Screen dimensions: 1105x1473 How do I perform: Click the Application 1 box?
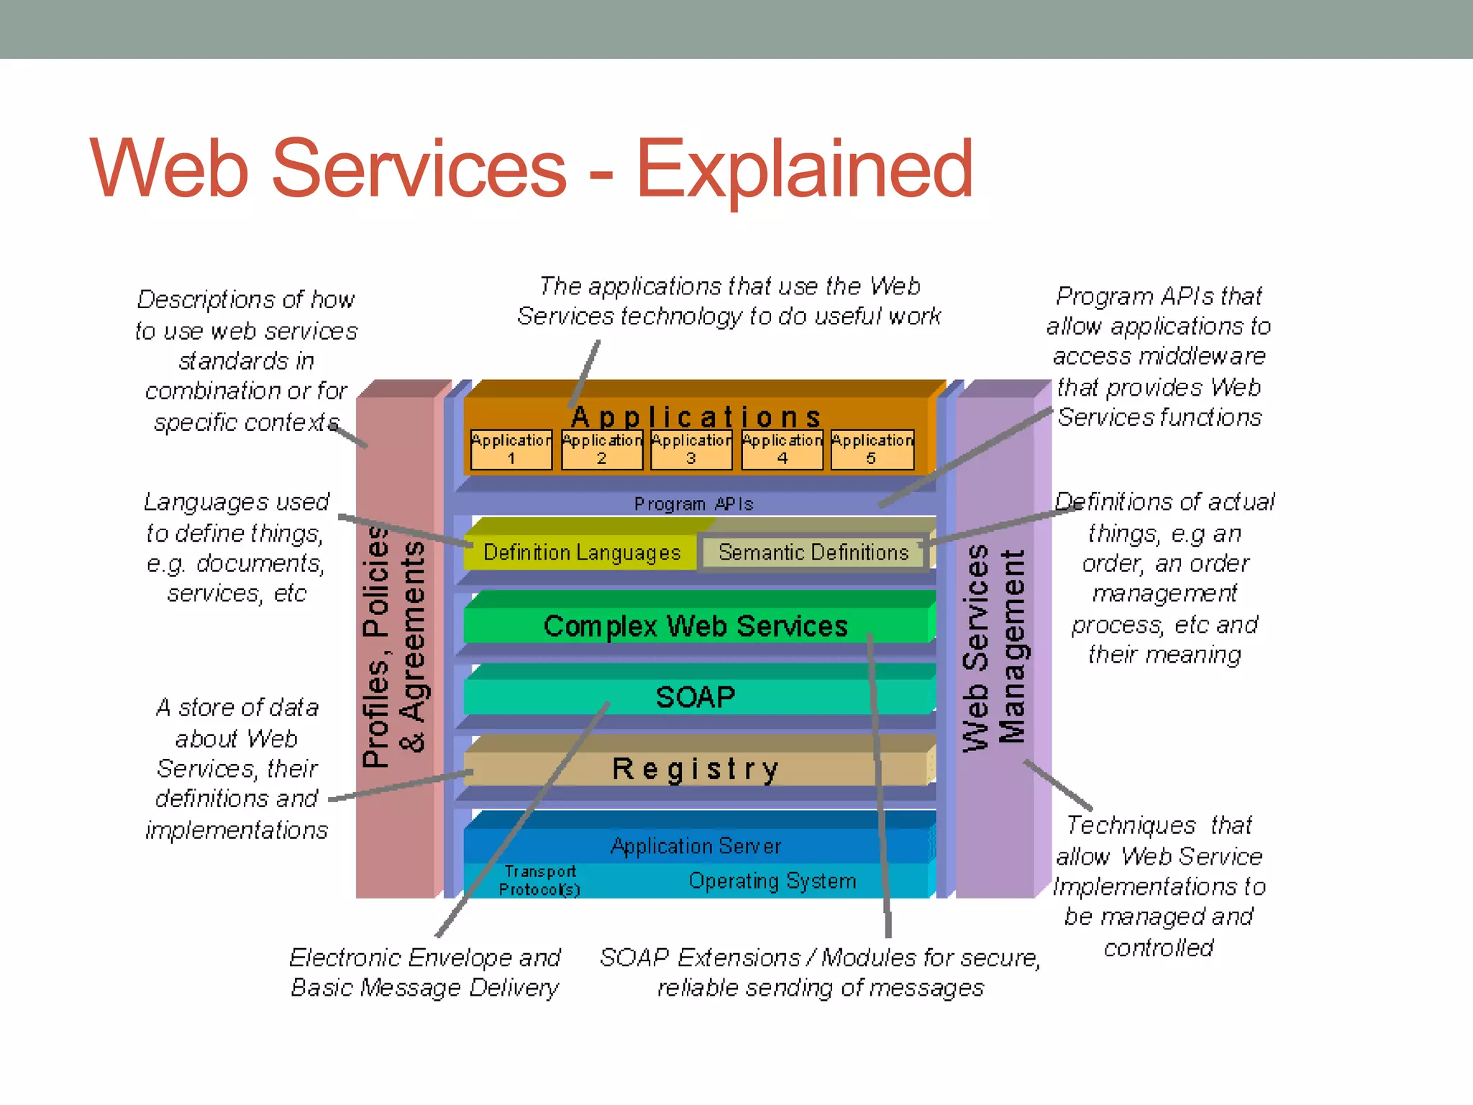point(511,450)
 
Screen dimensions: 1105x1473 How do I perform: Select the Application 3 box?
point(691,450)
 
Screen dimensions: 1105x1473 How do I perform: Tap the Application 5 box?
point(872,450)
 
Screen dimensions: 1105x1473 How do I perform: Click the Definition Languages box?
point(581,552)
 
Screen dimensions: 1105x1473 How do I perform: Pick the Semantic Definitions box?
point(813,552)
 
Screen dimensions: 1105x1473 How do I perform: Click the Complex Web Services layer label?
point(696,626)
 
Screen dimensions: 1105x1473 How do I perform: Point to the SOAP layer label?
point(696,697)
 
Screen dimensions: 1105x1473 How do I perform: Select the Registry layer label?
point(696,769)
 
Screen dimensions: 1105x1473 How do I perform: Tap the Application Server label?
point(696,846)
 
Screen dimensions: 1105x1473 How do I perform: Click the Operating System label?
point(772,881)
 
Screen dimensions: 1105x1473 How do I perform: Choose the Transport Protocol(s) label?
point(539,881)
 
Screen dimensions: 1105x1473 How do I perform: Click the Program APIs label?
point(693,504)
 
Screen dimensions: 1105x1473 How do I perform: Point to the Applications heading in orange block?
point(696,417)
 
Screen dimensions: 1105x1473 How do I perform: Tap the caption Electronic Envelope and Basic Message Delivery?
point(424,973)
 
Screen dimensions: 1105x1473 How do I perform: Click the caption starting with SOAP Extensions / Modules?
point(820,973)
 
